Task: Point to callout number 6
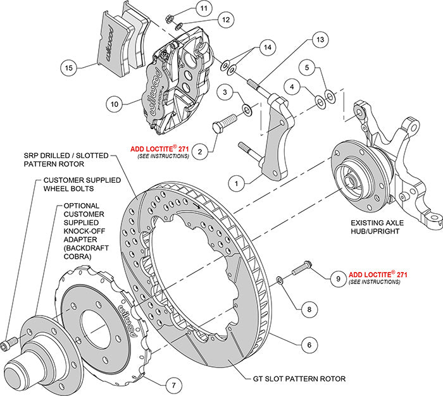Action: (x=308, y=345)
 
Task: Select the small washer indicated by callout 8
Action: (x=280, y=279)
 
